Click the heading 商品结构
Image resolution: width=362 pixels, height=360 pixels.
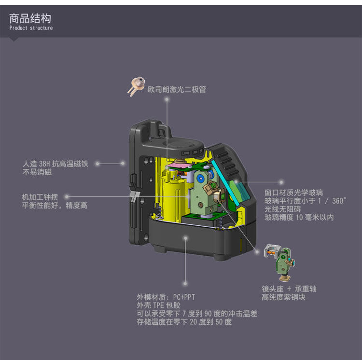30,19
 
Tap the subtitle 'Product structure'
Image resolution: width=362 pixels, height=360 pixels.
31,28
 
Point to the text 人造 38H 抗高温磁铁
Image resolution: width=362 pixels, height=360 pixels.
56,164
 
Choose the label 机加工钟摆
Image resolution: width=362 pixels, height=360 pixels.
40,197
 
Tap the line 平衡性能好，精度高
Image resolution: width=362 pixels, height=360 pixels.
55,206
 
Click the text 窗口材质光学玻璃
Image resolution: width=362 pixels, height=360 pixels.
293,193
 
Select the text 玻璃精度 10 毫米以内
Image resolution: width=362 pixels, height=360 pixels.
299,218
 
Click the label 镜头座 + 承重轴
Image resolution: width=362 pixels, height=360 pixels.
289,289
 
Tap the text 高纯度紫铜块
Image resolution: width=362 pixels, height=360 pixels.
283,297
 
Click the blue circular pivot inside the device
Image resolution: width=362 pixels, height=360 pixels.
199,178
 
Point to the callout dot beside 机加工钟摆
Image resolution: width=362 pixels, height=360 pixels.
67,197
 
